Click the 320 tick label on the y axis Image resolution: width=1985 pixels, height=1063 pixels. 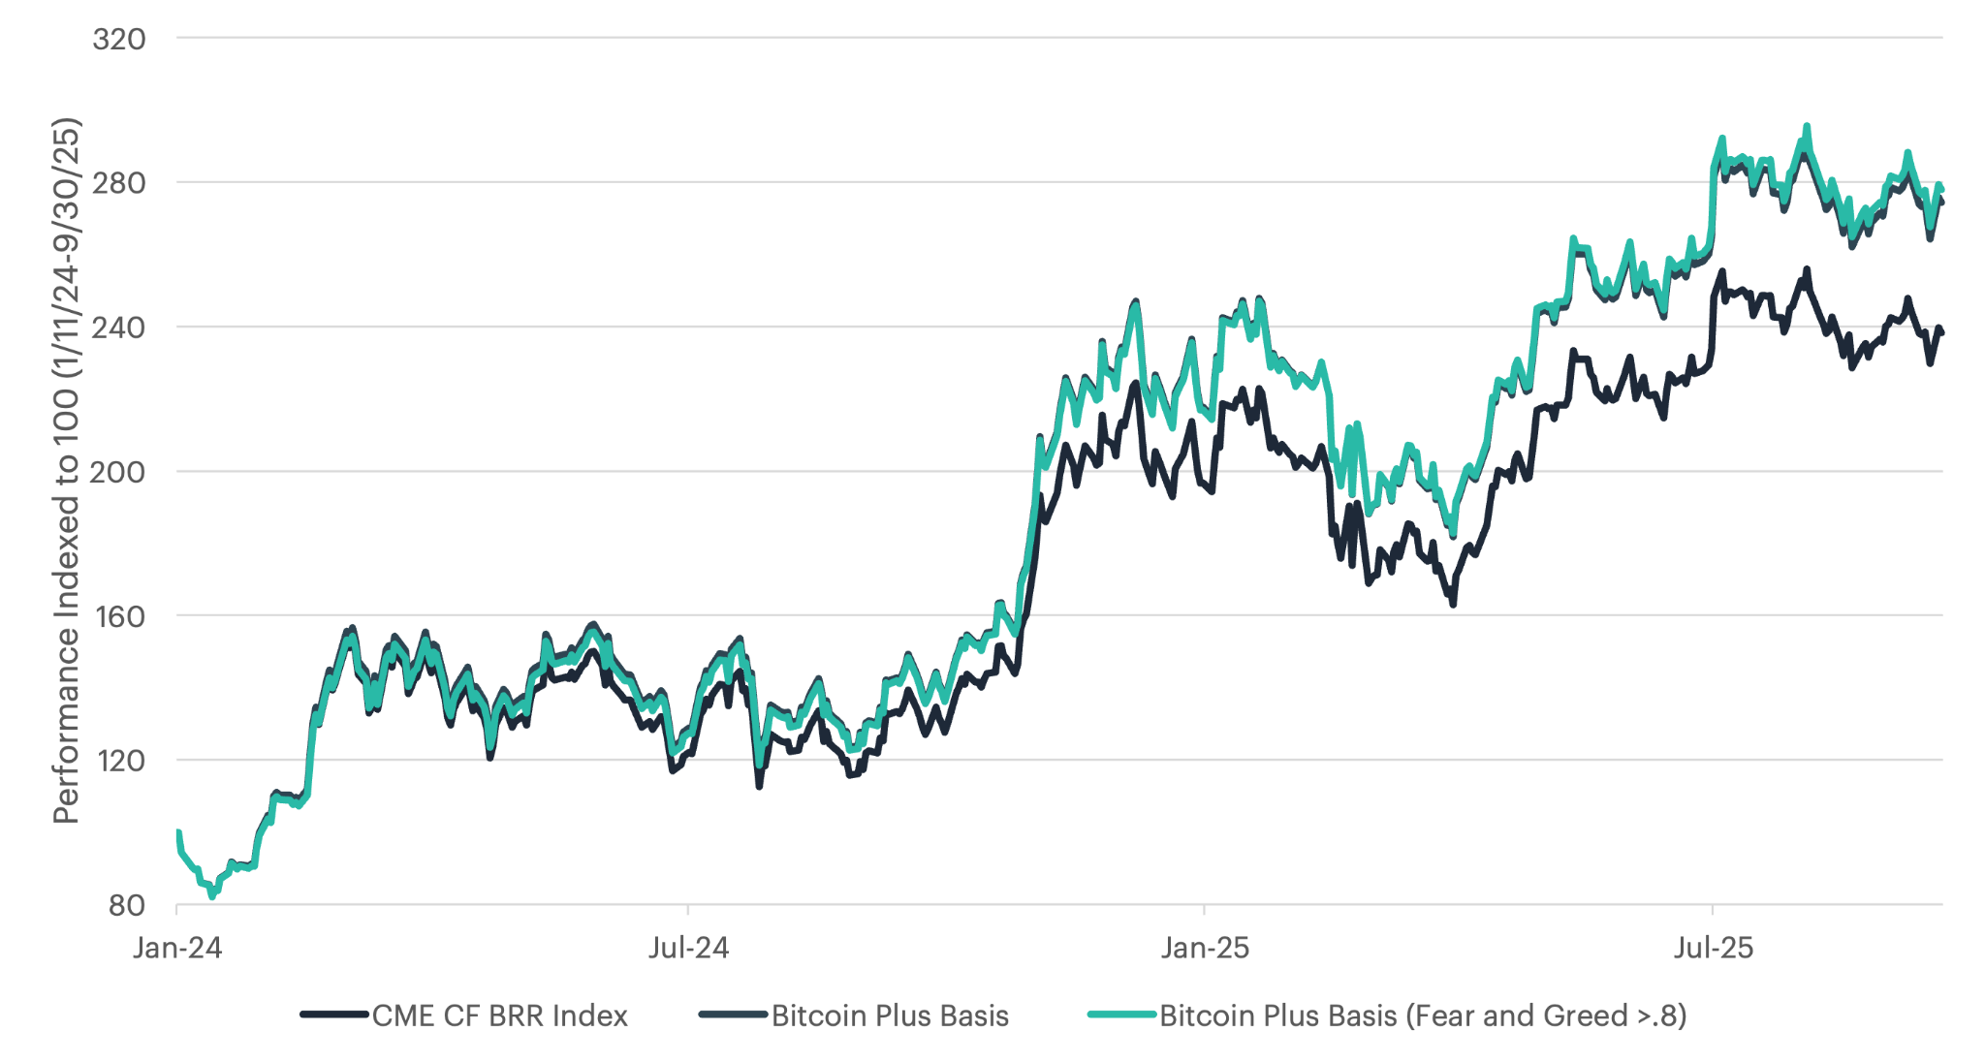coord(118,39)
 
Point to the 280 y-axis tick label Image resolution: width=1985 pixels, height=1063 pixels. coord(118,182)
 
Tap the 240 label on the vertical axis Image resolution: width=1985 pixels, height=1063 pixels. coord(118,327)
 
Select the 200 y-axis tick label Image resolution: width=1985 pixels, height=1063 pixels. coord(118,471)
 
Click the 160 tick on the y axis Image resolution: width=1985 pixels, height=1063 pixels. coord(118,615)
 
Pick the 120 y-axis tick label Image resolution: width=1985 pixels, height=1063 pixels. coord(118,760)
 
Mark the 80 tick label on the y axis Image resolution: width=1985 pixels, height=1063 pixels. coord(127,905)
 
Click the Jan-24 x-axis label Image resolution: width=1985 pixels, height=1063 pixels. coord(177,947)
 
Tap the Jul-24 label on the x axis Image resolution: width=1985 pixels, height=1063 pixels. coord(688,947)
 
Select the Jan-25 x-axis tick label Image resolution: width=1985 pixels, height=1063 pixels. coord(1205,947)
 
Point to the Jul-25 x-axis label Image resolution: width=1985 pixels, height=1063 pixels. coord(1713,947)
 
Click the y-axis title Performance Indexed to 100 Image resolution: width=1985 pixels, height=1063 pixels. coord(66,471)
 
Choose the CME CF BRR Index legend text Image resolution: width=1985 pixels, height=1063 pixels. coord(499,1016)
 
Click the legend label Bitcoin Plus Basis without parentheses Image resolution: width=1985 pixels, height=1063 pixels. coord(890,1016)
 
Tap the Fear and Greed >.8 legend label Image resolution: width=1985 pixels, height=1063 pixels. coord(1423,1016)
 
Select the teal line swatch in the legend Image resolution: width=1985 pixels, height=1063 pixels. coord(1121,1016)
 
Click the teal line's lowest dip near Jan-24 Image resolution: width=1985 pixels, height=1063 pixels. coord(212,896)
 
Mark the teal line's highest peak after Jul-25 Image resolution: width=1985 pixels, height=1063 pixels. coord(1807,126)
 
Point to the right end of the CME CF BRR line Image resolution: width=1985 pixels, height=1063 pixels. coord(1941,332)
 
